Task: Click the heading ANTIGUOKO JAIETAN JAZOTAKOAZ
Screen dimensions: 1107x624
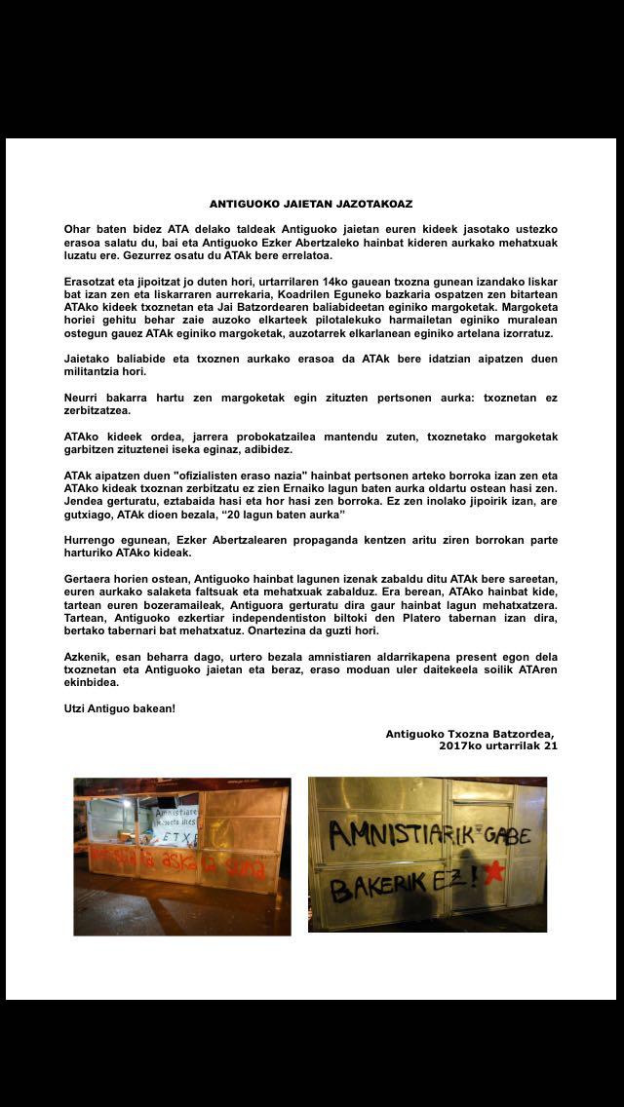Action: pyautogui.click(x=311, y=205)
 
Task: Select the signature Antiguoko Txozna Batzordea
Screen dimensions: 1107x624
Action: pyautogui.click(x=470, y=734)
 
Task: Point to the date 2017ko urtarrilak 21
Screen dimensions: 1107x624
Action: pyautogui.click(x=498, y=746)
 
